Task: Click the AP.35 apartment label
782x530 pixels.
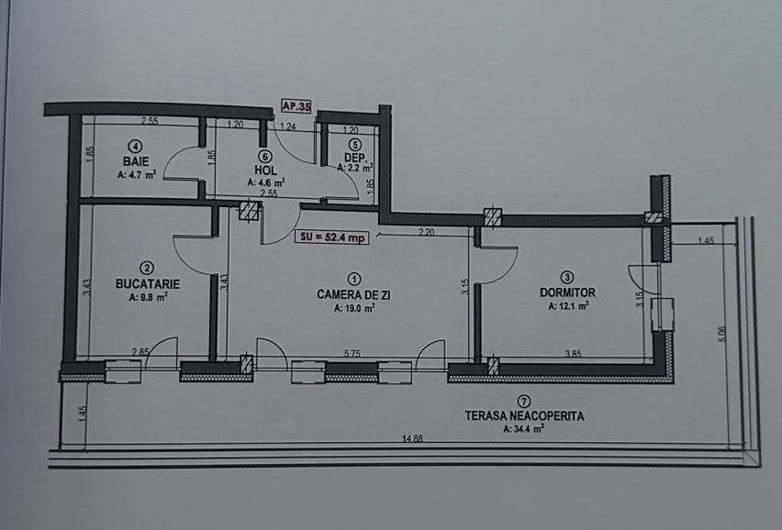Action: point(296,106)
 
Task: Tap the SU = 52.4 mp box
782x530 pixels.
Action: point(332,237)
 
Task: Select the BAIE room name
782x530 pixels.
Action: point(136,161)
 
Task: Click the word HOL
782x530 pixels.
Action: point(265,171)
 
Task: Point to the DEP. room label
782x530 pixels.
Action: point(355,158)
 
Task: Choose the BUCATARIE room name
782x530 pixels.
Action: point(148,284)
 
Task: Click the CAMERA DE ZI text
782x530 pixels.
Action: point(353,295)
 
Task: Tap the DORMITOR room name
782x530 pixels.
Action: point(567,293)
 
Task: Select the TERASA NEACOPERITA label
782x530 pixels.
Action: point(524,416)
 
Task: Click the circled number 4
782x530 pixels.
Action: point(136,146)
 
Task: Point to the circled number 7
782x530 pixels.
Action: point(523,401)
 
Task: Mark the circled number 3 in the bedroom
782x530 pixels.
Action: point(567,278)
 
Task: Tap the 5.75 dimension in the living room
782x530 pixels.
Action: point(352,354)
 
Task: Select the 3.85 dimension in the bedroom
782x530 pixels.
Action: point(573,354)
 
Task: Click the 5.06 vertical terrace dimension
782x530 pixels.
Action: point(722,334)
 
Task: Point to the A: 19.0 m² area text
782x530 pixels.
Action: point(354,309)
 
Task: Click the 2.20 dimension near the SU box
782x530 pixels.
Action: point(427,232)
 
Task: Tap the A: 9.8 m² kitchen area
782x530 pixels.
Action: point(148,297)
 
